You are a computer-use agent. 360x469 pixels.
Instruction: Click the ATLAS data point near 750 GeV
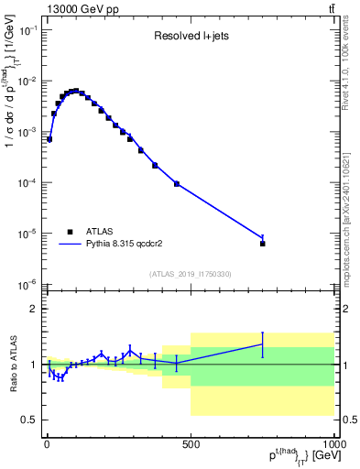[263, 244]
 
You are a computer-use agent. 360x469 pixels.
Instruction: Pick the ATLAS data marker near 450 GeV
[177, 184]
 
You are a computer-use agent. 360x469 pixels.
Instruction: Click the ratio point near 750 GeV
[263, 344]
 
